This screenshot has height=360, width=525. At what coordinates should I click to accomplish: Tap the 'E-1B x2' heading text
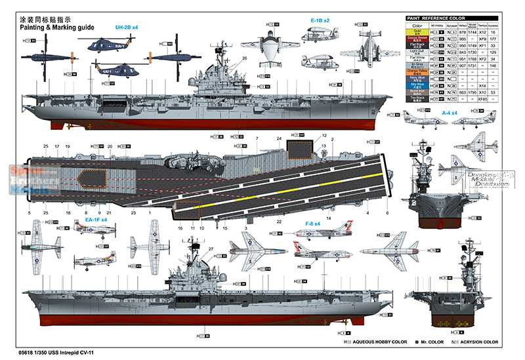point(320,20)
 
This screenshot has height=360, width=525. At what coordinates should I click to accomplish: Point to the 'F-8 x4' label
point(312,224)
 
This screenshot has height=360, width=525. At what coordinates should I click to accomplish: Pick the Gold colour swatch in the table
point(417,31)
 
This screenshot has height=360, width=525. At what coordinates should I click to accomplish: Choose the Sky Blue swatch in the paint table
point(417,85)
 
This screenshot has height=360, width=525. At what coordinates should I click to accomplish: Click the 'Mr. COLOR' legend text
point(430,342)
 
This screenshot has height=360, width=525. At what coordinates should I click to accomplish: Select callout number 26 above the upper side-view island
point(243,58)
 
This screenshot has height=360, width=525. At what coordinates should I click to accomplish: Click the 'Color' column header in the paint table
point(417,25)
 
